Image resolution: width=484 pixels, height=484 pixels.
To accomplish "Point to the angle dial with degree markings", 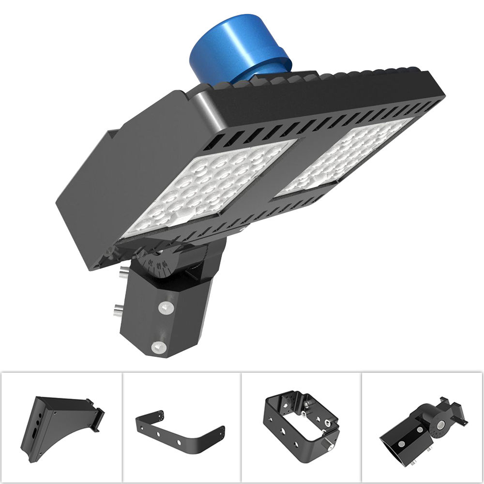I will click(157, 264).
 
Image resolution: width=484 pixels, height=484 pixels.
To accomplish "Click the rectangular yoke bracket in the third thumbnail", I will click(300, 421).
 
